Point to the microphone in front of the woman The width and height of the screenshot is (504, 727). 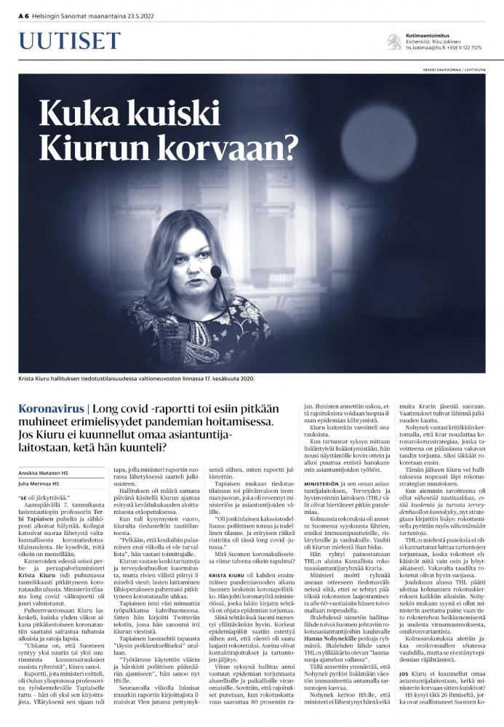pos(216,272)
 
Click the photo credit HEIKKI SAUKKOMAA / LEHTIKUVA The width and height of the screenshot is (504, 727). pos(453,70)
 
